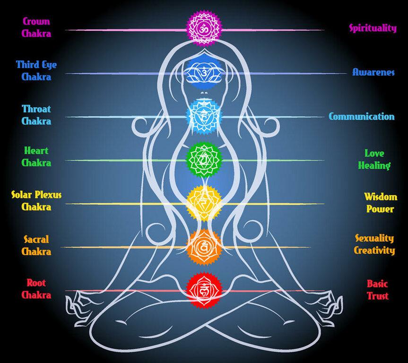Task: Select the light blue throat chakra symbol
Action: pyautogui.click(x=204, y=117)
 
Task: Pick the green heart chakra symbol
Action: pyautogui.click(x=204, y=160)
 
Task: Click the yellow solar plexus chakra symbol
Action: pyautogui.click(x=204, y=203)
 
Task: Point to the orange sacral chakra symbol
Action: pyautogui.click(x=204, y=247)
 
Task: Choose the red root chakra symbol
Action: pyautogui.click(x=204, y=290)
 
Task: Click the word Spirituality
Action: pyautogui.click(x=373, y=28)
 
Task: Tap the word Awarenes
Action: pyautogui.click(x=373, y=72)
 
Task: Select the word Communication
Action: pyautogui.click(x=361, y=116)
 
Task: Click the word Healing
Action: pyautogui.click(x=374, y=165)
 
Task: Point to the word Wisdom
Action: pyautogui.click(x=381, y=197)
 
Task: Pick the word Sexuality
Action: pyautogui.click(x=374, y=238)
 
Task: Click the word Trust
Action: pyautogui.click(x=378, y=295)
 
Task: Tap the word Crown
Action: pyautogui.click(x=36, y=21)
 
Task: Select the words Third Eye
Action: pyautogui.click(x=36, y=65)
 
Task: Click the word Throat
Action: pyautogui.click(x=36, y=109)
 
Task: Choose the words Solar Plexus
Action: pyautogui.click(x=36, y=195)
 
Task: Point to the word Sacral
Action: pyautogui.click(x=36, y=239)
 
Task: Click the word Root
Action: pyautogui.click(x=36, y=283)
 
